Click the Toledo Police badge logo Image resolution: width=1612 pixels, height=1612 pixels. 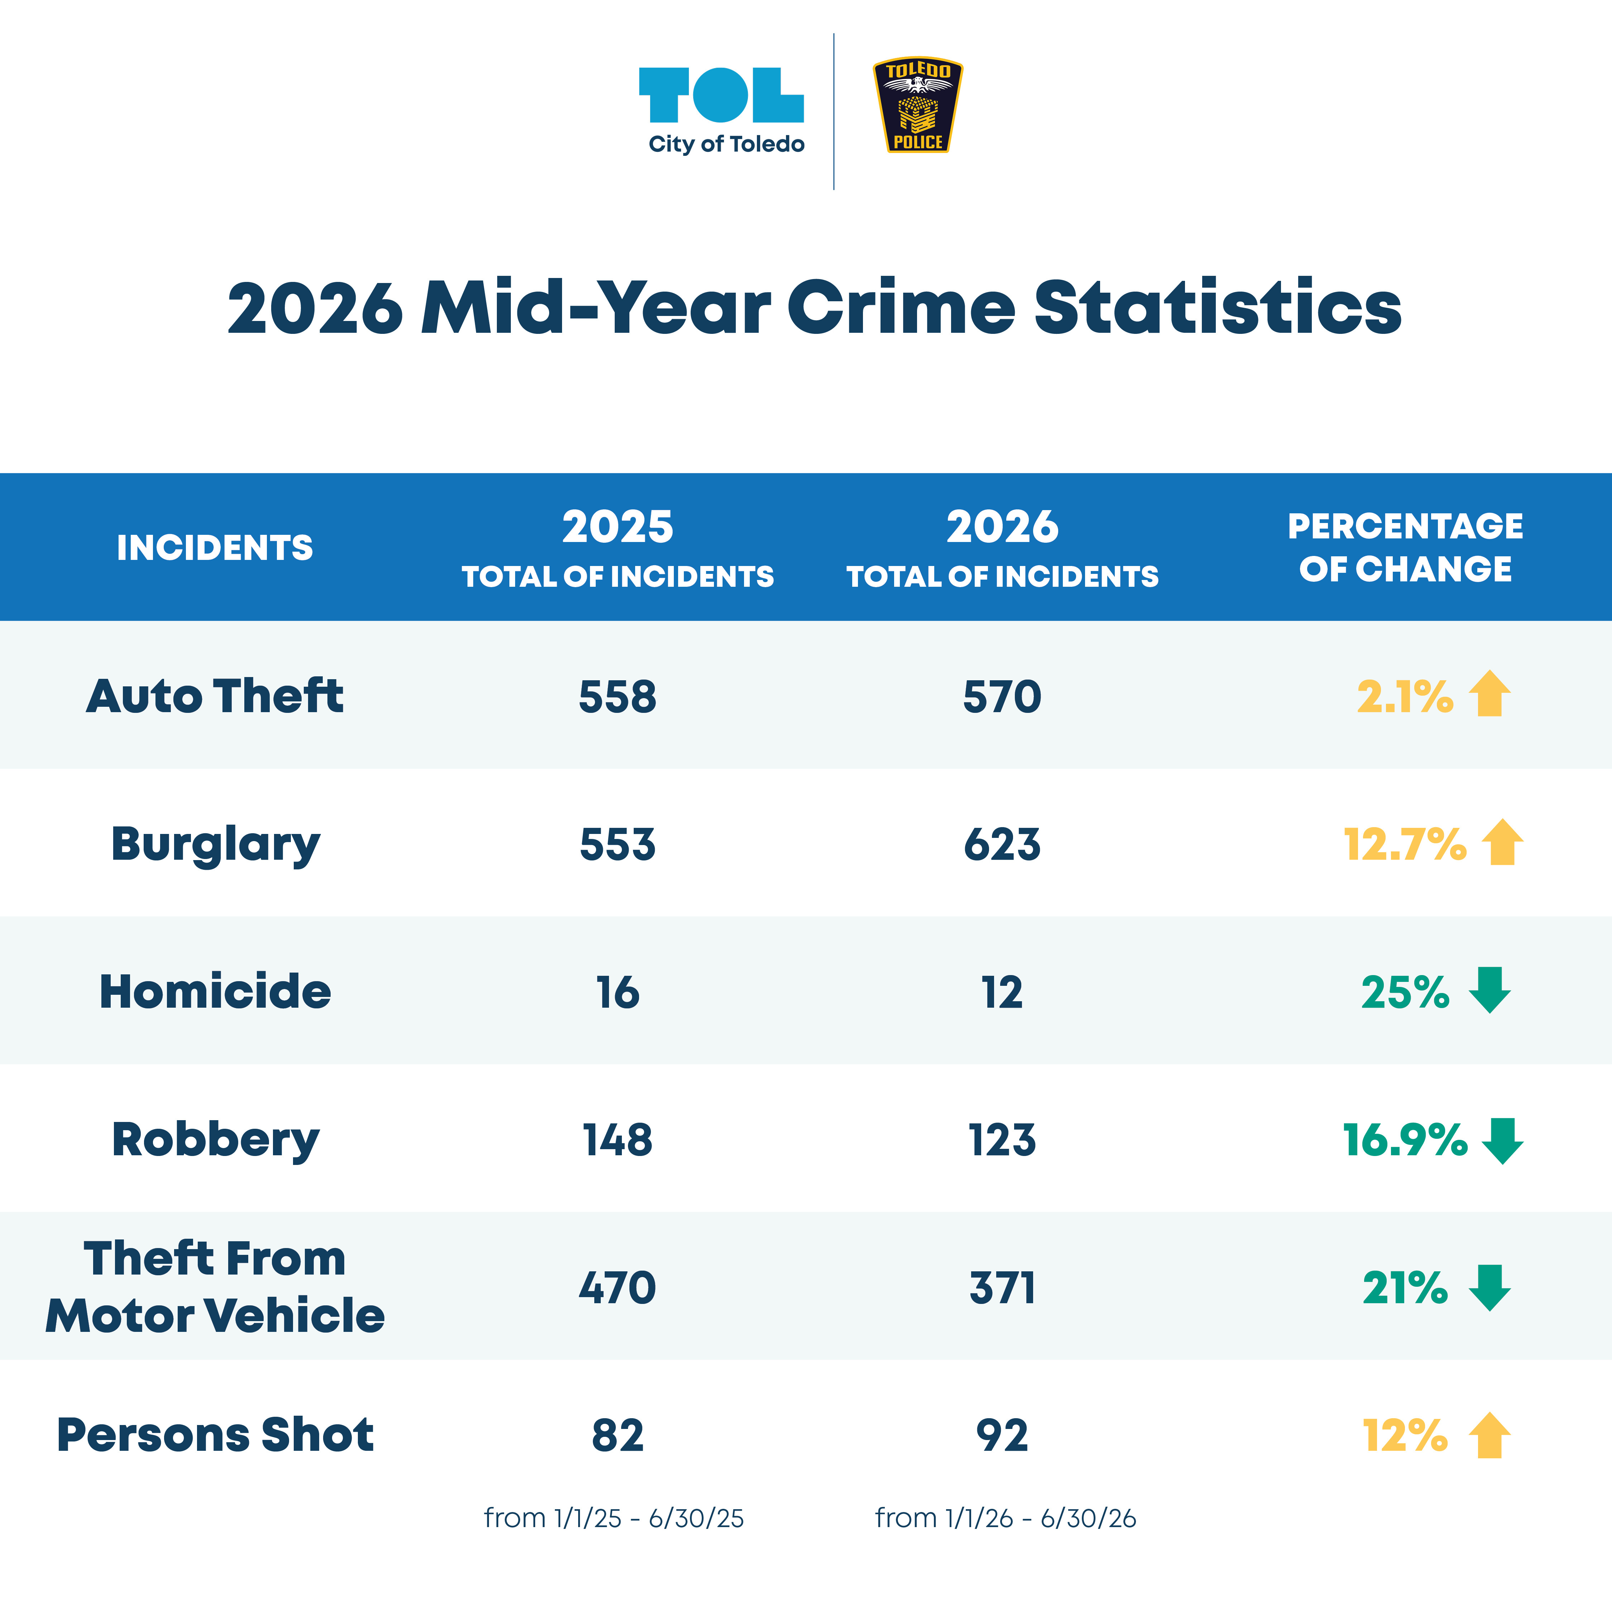[918, 105]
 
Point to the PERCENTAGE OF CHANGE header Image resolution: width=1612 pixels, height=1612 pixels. [1406, 547]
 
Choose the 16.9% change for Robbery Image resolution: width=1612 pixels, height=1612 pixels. [1405, 1140]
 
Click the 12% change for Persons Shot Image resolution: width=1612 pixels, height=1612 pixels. [1405, 1435]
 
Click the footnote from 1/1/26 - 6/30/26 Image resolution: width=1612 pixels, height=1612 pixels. [1006, 1518]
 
